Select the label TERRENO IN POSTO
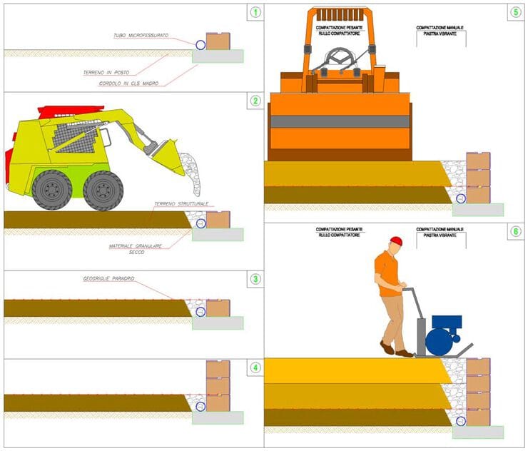109,72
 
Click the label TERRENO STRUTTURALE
181,203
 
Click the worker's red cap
396,241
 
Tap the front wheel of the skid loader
103,190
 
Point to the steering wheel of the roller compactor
339,57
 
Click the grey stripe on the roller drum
340,121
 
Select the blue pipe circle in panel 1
201,44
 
